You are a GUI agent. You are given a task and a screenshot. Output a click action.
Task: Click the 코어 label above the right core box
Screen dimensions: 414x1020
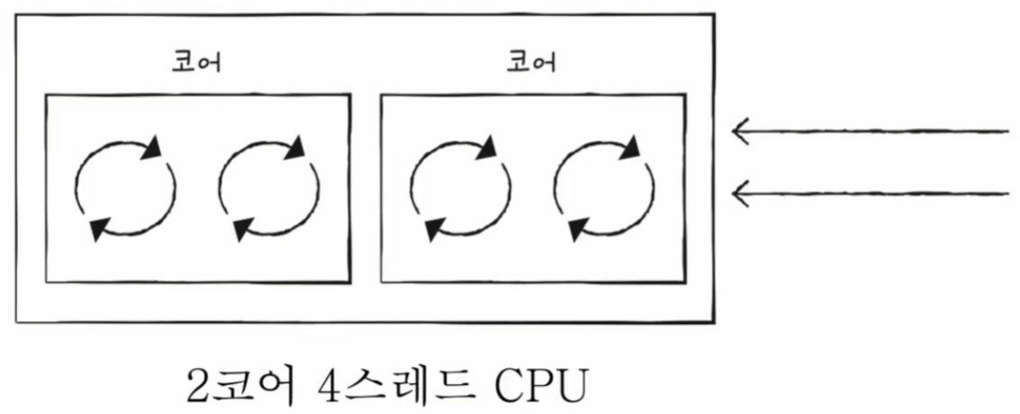pos(532,63)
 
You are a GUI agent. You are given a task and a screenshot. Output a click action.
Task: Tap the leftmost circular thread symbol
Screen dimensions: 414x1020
pos(124,188)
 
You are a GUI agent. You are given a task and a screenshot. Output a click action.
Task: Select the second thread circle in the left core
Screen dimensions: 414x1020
pos(267,188)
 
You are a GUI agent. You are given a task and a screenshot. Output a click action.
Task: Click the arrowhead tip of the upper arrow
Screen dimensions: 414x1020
pos(735,133)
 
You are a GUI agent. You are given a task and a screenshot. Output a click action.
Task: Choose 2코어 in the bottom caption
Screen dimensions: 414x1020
pos(240,386)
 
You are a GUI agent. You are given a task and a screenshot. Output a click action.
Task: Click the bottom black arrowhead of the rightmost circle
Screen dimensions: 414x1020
pos(576,230)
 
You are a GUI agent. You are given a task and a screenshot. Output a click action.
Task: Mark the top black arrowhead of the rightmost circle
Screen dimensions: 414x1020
pos(632,146)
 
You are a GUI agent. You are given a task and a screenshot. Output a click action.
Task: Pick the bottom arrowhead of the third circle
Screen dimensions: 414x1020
pos(433,230)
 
